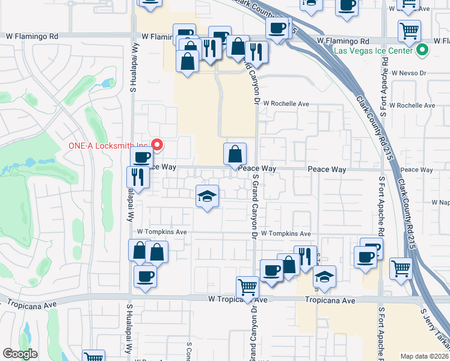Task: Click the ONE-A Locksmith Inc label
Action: click(106, 145)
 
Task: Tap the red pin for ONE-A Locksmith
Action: click(158, 144)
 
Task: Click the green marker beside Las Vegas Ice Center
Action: click(422, 51)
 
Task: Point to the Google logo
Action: click(20, 354)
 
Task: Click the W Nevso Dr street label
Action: click(408, 73)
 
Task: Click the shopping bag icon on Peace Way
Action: click(235, 154)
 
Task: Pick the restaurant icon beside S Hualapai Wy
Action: click(138, 177)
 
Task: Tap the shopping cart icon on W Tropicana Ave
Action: click(247, 287)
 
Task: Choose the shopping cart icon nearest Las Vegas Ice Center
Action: click(409, 29)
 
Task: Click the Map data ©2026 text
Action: click(425, 356)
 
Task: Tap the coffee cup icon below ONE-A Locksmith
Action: click(141, 158)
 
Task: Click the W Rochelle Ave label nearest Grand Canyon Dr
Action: click(285, 103)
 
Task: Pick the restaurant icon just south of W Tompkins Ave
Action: click(305, 256)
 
